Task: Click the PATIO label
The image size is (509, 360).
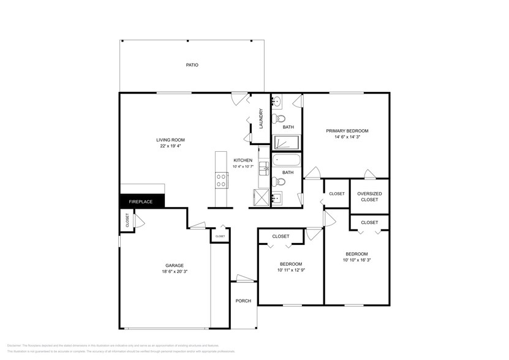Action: (x=192, y=65)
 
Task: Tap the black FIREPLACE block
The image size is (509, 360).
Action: (x=140, y=201)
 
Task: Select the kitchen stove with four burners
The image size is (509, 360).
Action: (x=221, y=179)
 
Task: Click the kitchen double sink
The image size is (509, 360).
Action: (x=264, y=167)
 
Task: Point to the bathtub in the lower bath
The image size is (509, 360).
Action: (x=286, y=162)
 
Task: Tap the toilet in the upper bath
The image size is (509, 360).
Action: (x=279, y=118)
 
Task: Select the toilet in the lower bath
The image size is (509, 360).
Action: (x=279, y=181)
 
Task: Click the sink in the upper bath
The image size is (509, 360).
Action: (x=277, y=100)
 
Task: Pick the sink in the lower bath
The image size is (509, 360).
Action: (x=276, y=197)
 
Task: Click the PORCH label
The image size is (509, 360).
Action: (x=243, y=301)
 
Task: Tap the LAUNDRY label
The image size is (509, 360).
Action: (x=261, y=118)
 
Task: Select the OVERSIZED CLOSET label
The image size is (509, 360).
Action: (x=369, y=197)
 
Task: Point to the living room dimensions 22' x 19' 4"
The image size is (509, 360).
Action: (x=170, y=146)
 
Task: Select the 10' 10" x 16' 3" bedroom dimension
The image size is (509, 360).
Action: (x=357, y=260)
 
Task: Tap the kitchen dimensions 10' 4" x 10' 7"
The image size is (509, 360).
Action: (x=243, y=166)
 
